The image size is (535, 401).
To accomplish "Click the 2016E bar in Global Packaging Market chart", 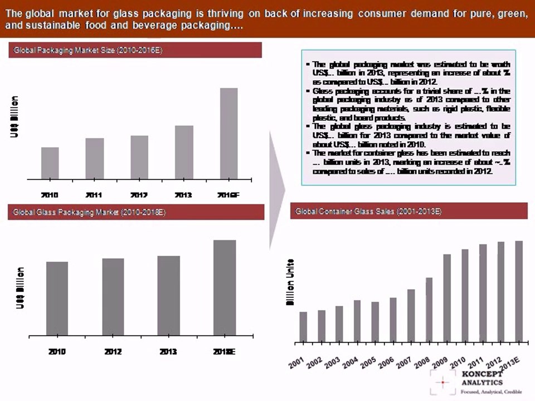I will click(x=228, y=134).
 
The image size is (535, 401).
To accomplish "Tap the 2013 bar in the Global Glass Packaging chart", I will click(x=168, y=296).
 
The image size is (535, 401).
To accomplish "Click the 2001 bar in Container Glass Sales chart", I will click(x=303, y=327).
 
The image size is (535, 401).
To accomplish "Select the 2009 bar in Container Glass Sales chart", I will click(x=447, y=298).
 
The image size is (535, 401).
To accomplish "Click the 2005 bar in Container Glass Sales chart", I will click(x=375, y=322).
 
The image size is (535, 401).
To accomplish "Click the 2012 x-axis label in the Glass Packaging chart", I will click(x=113, y=352).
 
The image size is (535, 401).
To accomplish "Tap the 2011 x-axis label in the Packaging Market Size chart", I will click(x=94, y=195).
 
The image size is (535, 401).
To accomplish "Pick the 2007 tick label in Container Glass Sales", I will click(x=404, y=362).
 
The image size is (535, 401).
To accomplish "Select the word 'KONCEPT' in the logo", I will click(x=483, y=374).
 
